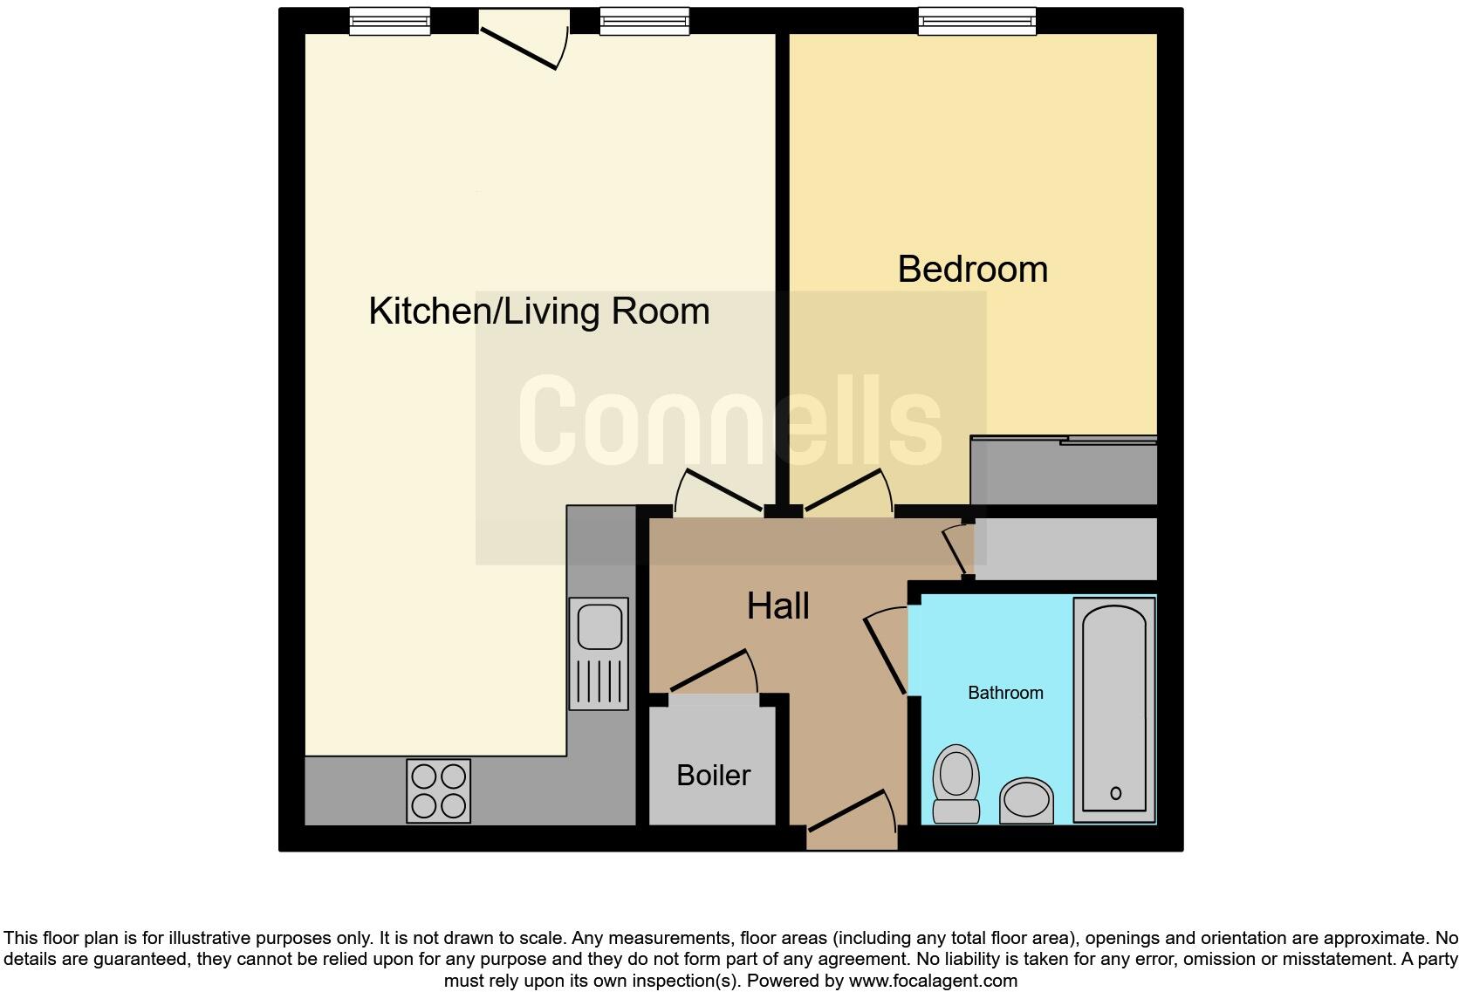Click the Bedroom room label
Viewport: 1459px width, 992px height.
(972, 269)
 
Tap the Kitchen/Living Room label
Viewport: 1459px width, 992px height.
(538, 311)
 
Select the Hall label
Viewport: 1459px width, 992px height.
(777, 605)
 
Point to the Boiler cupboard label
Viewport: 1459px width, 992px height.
(713, 775)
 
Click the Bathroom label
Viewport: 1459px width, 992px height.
(1005, 693)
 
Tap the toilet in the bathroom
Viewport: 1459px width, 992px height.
(956, 783)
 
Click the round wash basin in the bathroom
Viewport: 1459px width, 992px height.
(1026, 800)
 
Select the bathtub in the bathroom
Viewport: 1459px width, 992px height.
(1114, 708)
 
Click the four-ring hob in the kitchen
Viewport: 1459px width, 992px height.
(438, 790)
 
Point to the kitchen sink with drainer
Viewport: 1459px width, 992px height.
(599, 653)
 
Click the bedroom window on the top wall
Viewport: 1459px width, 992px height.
(976, 22)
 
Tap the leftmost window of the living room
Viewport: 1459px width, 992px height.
(389, 22)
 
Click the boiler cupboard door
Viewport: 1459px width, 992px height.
(711, 674)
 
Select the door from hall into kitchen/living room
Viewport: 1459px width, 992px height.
(721, 491)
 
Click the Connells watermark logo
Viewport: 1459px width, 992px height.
(729, 421)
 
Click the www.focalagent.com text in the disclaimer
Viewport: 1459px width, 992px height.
(932, 981)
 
